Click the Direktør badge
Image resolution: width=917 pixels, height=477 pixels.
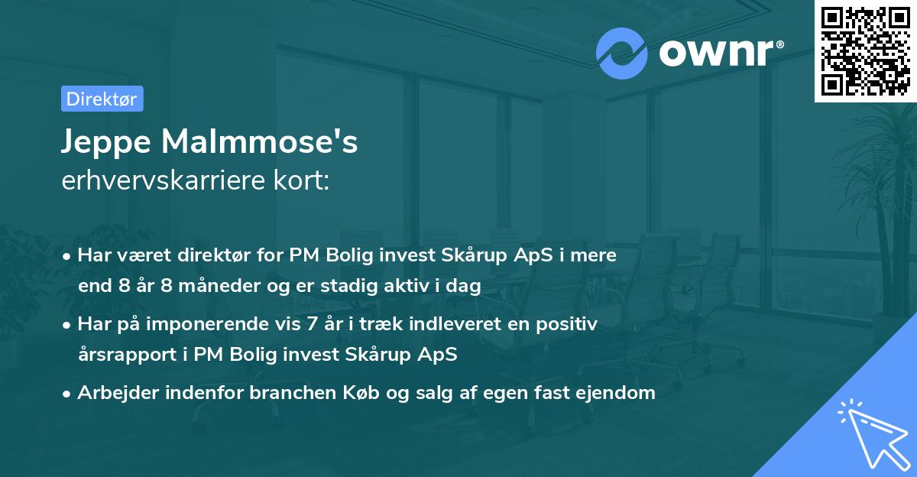coord(102,99)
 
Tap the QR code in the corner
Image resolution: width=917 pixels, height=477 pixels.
coord(864,50)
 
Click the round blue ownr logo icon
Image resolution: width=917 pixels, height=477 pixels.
coord(622,53)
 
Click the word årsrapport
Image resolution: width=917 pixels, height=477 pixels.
coord(122,355)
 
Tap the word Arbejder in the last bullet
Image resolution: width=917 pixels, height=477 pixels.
coord(112,393)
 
